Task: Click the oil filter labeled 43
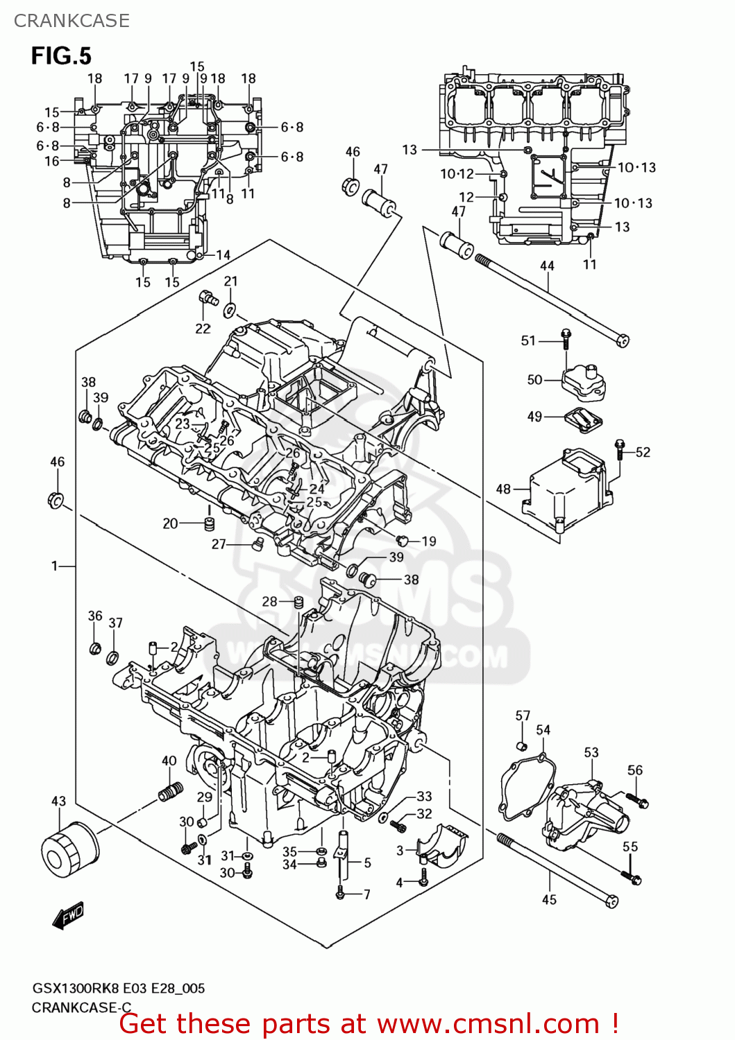tap(69, 851)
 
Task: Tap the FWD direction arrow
tap(69, 915)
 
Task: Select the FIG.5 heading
tap(61, 55)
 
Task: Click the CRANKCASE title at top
tap(71, 21)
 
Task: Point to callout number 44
tap(547, 266)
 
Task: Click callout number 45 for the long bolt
tap(549, 899)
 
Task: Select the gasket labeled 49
tap(582, 420)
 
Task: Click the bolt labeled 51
tap(566, 339)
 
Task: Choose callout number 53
tap(591, 752)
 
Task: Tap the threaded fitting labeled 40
tap(170, 791)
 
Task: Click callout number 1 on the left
tap(54, 566)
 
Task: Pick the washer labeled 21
tap(230, 309)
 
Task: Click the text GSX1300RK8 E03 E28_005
tap(118, 988)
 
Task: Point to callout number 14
tap(223, 255)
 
